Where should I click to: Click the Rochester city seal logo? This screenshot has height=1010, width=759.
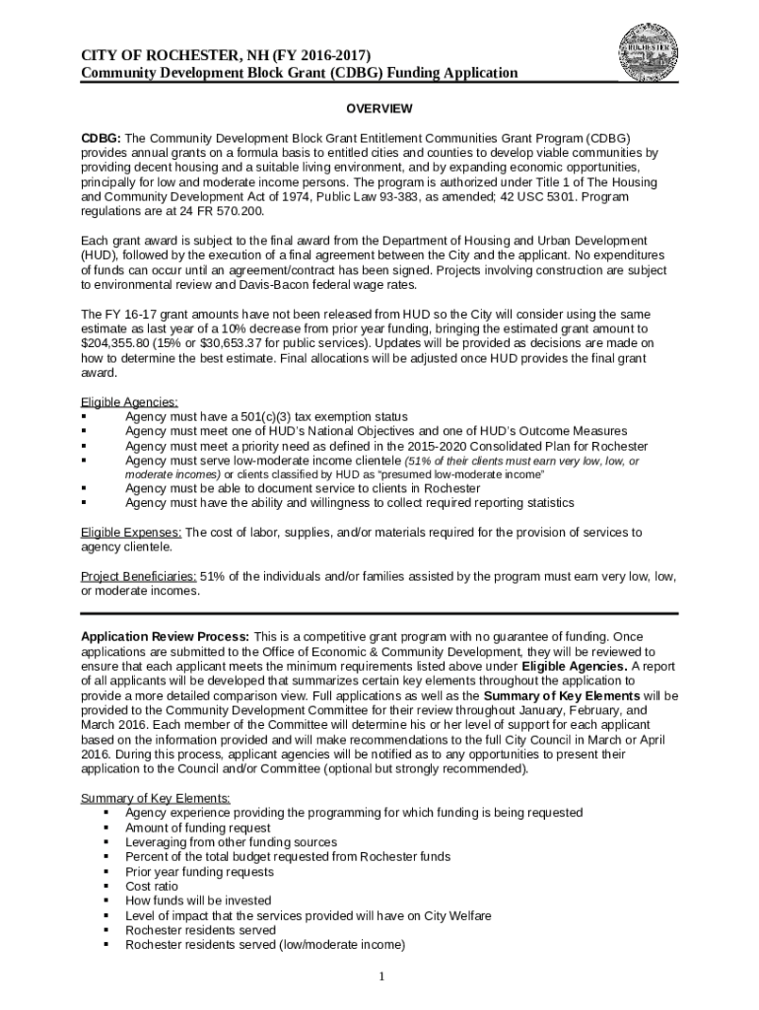tap(649, 53)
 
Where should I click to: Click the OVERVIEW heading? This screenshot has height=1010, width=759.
tap(379, 108)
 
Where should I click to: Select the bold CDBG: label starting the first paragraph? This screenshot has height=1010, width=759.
tap(100, 139)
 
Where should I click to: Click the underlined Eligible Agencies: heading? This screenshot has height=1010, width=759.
tap(129, 401)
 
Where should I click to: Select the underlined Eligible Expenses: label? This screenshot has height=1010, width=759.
tap(131, 533)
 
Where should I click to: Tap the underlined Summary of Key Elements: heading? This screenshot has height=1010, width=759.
tap(156, 798)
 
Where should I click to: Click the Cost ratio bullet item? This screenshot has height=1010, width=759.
tap(152, 887)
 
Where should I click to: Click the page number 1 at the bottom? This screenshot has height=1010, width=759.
tap(379, 976)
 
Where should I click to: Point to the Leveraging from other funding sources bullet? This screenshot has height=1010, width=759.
tap(231, 842)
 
